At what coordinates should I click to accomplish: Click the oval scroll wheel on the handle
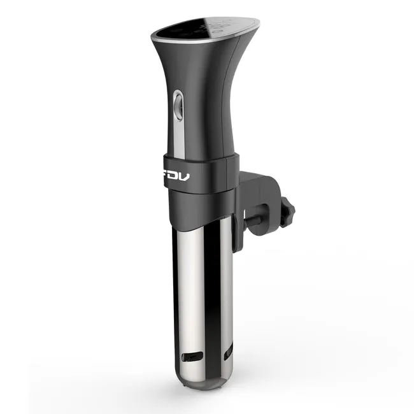[x=178, y=104]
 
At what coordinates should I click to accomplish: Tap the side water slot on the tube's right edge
[x=228, y=349]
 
